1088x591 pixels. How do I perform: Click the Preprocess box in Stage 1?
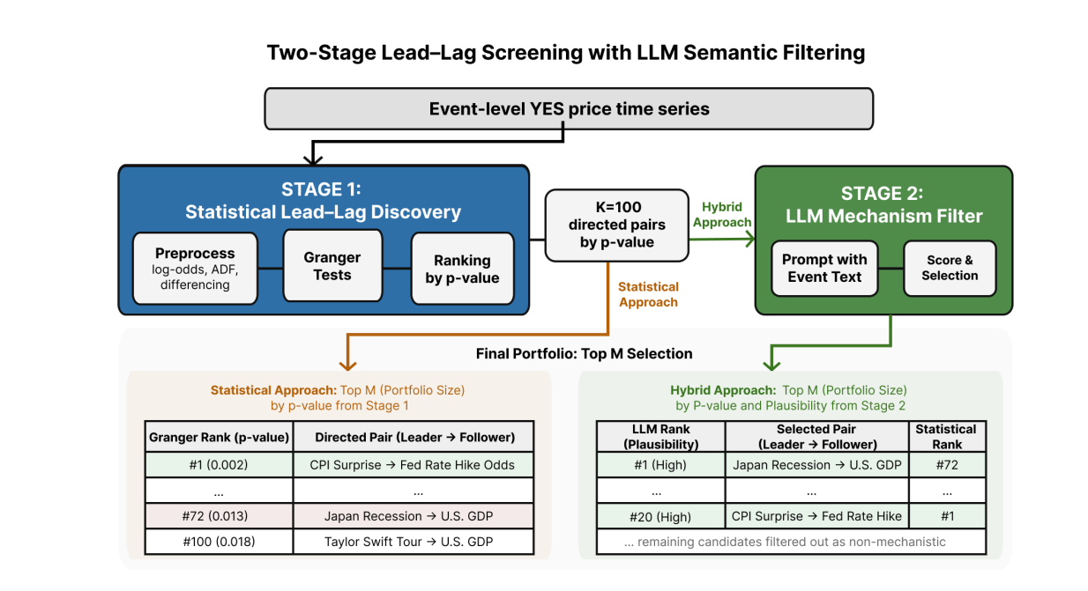(x=195, y=268)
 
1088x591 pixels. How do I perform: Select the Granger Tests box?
(x=332, y=266)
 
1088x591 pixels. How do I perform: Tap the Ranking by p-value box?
(x=462, y=269)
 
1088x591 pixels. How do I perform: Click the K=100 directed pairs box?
(x=616, y=225)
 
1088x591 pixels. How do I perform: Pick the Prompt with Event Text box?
(x=824, y=268)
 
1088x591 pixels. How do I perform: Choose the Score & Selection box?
(x=950, y=268)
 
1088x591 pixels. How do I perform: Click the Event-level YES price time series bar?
(x=569, y=109)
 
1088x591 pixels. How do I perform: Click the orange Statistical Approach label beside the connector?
(x=648, y=294)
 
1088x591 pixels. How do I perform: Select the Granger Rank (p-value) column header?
(x=219, y=437)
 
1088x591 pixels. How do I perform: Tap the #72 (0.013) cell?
(x=219, y=516)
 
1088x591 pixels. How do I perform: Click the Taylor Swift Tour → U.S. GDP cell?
(x=413, y=542)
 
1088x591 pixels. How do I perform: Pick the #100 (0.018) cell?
(x=219, y=542)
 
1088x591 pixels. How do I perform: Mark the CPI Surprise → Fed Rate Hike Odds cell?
(x=413, y=464)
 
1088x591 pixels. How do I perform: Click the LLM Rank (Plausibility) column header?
(x=660, y=437)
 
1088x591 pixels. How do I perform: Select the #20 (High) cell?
(x=660, y=516)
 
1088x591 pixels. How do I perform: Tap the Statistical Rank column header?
(x=946, y=437)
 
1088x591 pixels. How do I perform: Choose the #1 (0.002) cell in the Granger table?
(x=219, y=464)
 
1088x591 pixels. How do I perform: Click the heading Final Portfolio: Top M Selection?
(x=584, y=354)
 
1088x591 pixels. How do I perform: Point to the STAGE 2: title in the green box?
(x=884, y=194)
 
